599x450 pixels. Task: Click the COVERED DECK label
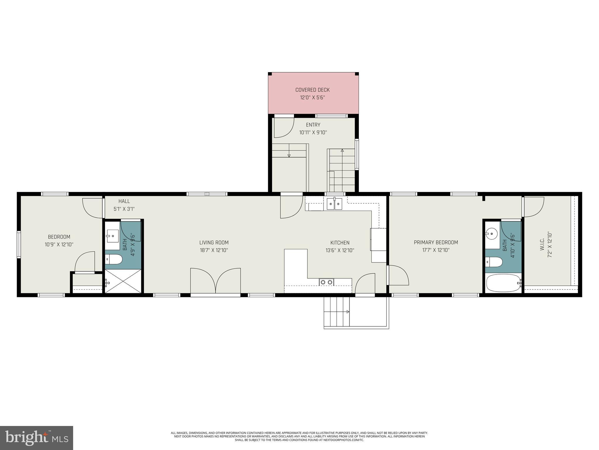pos(312,90)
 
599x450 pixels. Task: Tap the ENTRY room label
pos(313,125)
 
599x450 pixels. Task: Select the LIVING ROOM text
pos(214,243)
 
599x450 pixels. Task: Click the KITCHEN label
pos(340,243)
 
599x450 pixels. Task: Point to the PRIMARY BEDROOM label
pos(436,242)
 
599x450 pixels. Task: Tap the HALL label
pos(124,201)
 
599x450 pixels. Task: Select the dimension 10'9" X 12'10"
pos(59,244)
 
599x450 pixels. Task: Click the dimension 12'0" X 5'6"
pos(312,98)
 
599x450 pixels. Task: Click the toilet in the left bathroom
pos(114,259)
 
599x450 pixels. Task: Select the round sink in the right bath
pos(492,234)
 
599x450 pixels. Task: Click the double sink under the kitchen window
pos(334,204)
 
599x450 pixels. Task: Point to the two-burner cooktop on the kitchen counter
pos(326,282)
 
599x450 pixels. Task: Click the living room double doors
pos(216,281)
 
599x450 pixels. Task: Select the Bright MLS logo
pos(36,438)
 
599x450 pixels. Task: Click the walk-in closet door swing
pos(533,207)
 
